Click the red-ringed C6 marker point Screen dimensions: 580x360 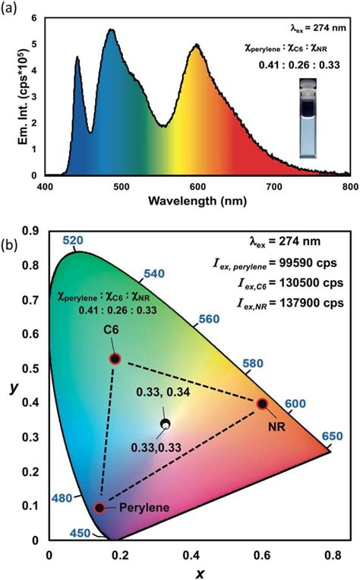(115, 358)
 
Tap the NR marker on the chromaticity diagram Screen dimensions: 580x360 (262, 403)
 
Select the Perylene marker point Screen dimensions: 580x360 (99, 508)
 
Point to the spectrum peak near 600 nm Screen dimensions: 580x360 (197, 46)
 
